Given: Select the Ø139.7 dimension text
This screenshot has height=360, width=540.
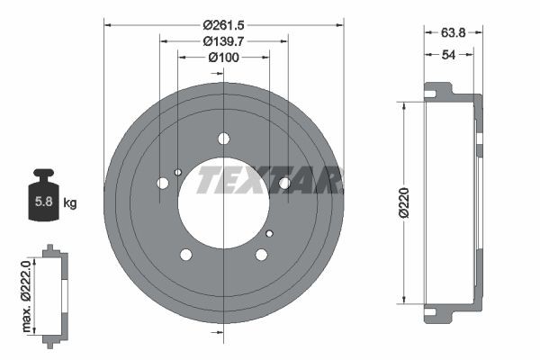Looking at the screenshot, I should click(223, 42).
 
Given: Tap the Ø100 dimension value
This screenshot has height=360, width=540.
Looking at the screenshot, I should click(223, 58).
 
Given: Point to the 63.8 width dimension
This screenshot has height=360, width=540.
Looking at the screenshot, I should click(453, 32).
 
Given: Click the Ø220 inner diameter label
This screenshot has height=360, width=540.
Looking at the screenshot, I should click(405, 202).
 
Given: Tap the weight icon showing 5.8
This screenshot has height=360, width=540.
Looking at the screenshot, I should click(41, 196).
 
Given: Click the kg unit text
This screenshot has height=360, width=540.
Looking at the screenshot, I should click(70, 203).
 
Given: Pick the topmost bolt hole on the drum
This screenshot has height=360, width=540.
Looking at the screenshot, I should click(223, 139).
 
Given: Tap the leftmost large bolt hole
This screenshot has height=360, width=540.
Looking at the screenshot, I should click(163, 183).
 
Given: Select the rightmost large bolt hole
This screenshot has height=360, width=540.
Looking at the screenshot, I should click(283, 183).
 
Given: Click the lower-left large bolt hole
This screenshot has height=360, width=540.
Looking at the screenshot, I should click(186, 255).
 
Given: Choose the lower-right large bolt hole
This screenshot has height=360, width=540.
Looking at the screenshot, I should click(261, 255).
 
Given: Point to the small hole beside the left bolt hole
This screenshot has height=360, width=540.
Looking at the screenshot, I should click(178, 172).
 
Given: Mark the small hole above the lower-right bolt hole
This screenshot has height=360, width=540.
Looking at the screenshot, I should click(269, 233).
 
